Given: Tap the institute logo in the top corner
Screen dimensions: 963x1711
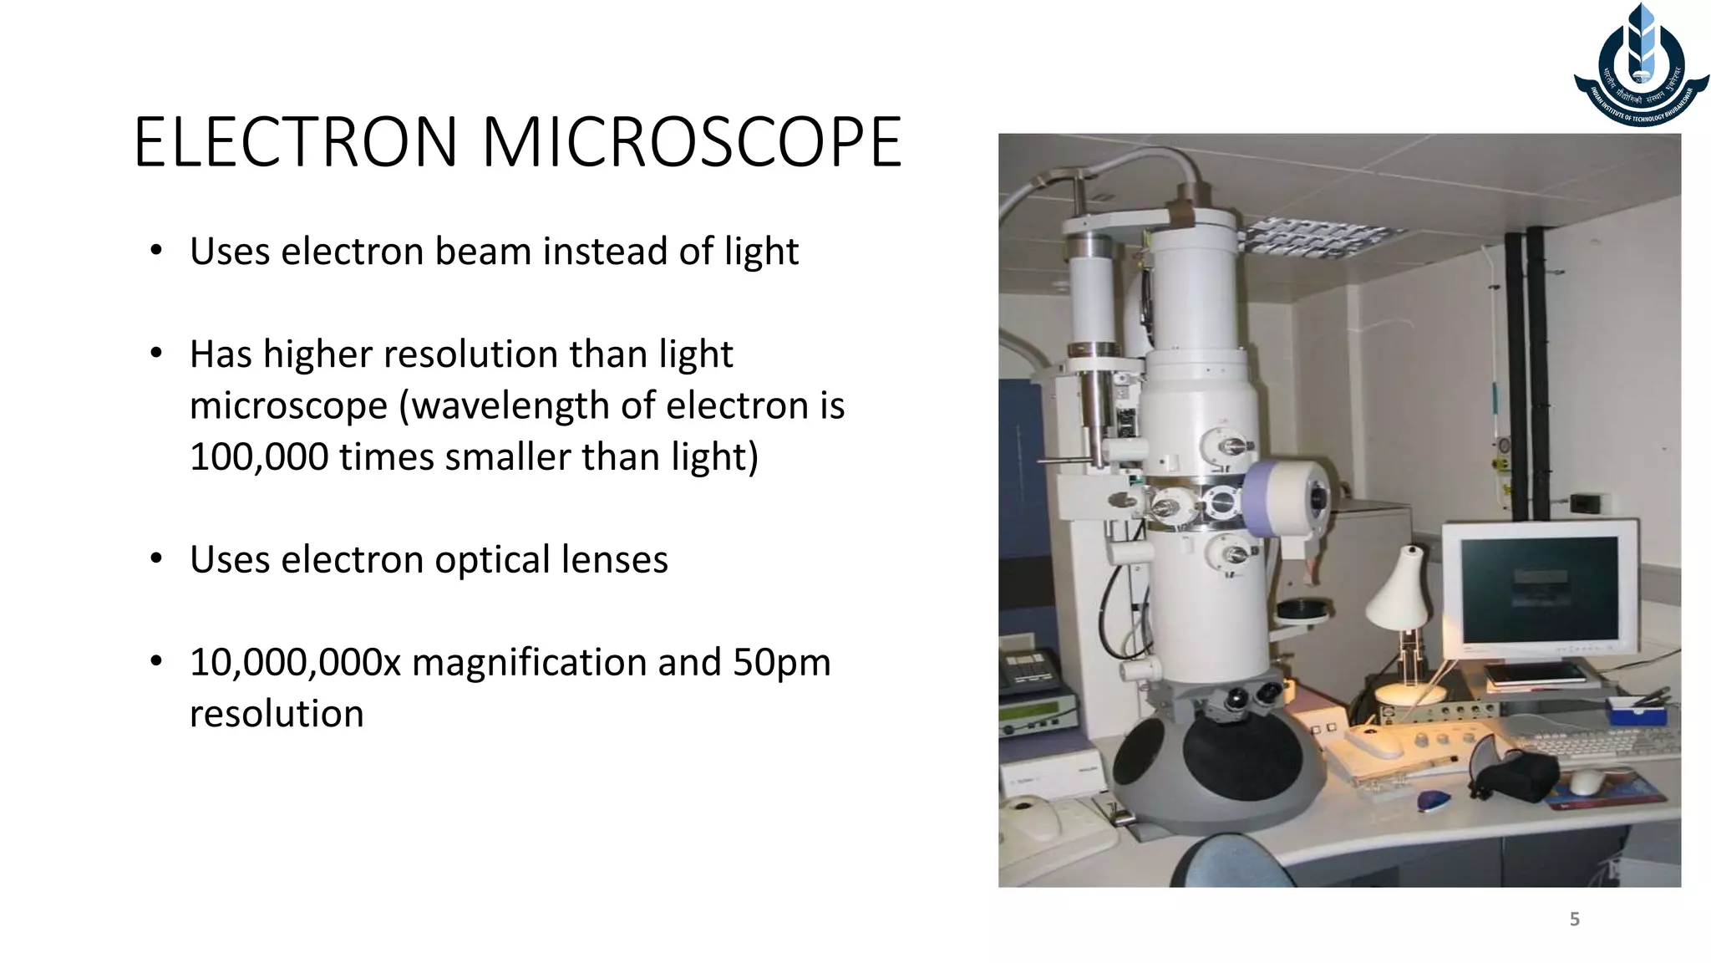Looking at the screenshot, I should [x=1641, y=67].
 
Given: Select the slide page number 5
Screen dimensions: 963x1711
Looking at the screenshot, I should [x=1574, y=920].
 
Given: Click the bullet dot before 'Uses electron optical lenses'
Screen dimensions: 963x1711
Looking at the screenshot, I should [x=156, y=558].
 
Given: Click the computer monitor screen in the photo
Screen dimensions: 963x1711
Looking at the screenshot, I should [x=1539, y=589].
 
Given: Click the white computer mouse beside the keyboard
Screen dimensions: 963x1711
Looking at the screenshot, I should [x=1585, y=782].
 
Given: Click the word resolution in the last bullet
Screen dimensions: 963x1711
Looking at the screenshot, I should [x=277, y=715].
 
